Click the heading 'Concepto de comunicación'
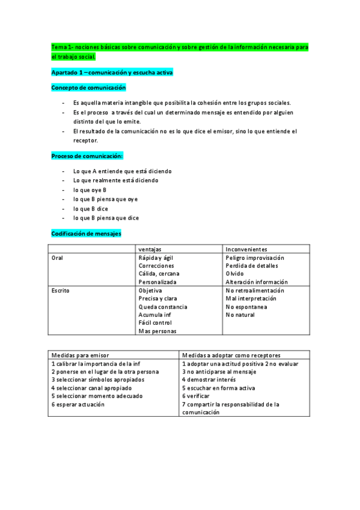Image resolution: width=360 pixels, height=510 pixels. click(x=88, y=88)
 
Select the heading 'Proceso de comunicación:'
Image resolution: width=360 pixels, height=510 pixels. click(x=88, y=156)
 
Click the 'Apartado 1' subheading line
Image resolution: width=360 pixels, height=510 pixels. click(x=112, y=72)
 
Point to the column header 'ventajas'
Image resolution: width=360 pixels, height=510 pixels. click(x=149, y=249)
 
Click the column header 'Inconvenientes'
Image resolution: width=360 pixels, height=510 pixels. click(x=246, y=249)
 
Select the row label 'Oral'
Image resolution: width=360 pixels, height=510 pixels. click(x=58, y=257)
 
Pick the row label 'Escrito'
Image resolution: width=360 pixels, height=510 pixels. click(x=60, y=290)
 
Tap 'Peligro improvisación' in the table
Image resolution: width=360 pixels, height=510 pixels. click(x=255, y=257)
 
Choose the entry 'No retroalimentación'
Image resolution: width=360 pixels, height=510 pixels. click(x=255, y=290)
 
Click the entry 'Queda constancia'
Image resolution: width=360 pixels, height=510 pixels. click(x=162, y=307)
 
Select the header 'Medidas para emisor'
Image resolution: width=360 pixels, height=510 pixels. click(x=80, y=355)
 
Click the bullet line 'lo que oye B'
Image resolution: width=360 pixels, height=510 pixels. click(x=90, y=190)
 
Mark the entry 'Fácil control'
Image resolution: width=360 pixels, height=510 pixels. click(x=155, y=323)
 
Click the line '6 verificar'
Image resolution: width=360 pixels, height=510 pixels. click(x=196, y=396)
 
